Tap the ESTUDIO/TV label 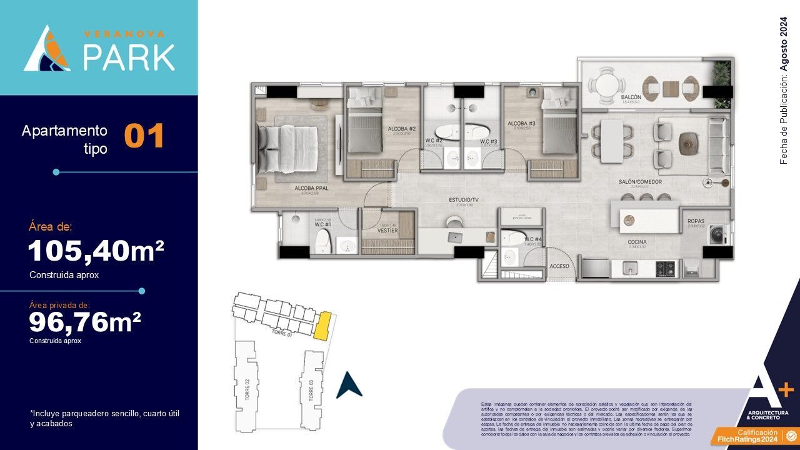pyautogui.click(x=463, y=200)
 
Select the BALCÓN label pyautogui.click(x=631, y=98)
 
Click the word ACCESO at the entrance pyautogui.click(x=559, y=265)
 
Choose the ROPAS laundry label pyautogui.click(x=696, y=221)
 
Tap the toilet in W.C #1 pyautogui.click(x=322, y=239)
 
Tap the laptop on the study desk pyautogui.click(x=454, y=236)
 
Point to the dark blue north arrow pyautogui.click(x=349, y=386)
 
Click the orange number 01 pyautogui.click(x=144, y=137)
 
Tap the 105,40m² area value pyautogui.click(x=96, y=251)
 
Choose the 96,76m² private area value pyautogui.click(x=85, y=323)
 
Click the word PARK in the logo pyautogui.click(x=129, y=57)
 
